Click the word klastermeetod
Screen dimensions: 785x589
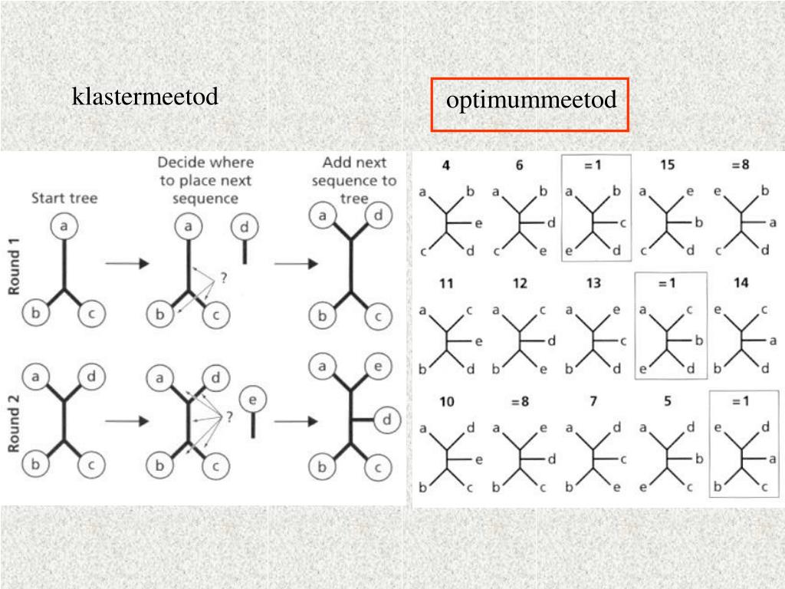point(145,97)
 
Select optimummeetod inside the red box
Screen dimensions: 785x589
point(531,100)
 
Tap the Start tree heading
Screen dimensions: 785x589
point(64,199)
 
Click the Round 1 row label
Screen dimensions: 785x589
point(15,265)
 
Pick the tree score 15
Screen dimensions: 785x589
point(667,166)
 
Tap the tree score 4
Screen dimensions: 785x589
point(445,166)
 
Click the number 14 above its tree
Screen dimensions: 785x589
point(741,283)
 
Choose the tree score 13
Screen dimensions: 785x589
point(593,283)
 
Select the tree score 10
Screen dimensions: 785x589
point(447,401)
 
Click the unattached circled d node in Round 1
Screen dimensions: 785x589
point(245,227)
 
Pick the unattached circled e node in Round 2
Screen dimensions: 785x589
point(252,400)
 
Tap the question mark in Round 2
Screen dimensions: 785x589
point(228,417)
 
